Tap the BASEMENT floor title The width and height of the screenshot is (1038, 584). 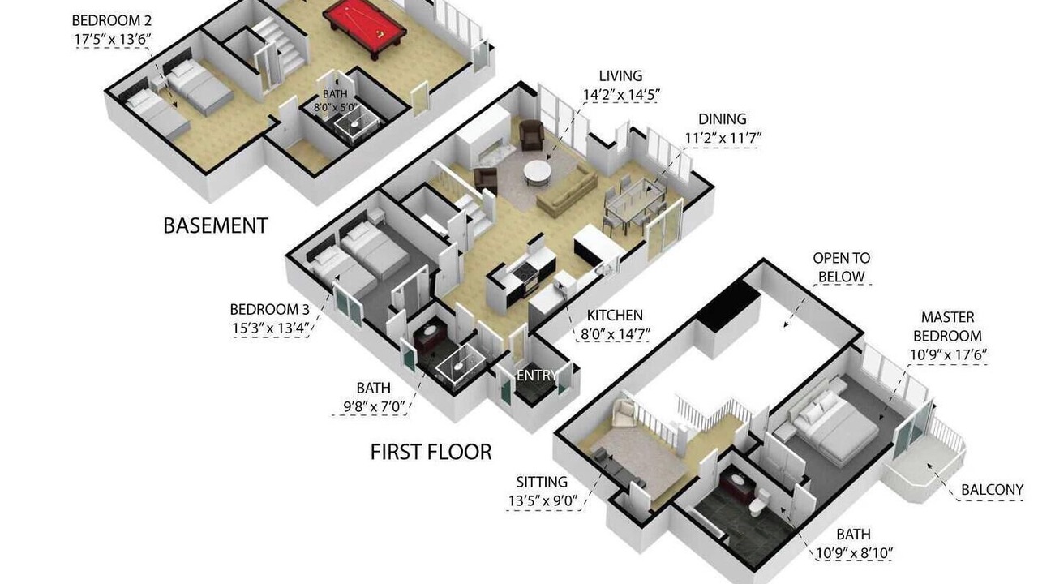216,225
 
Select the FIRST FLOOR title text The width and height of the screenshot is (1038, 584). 431,452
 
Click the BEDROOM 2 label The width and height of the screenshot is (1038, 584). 112,21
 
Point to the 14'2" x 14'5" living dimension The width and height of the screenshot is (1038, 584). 621,95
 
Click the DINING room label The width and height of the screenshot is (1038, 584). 723,119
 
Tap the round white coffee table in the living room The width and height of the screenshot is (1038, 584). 538,173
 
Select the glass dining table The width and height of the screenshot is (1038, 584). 636,202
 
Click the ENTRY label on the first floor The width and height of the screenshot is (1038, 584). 537,375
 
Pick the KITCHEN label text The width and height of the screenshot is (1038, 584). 615,316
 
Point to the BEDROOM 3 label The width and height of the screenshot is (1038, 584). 270,309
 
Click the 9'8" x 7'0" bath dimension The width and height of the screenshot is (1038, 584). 374,407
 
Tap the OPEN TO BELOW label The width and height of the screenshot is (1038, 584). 842,268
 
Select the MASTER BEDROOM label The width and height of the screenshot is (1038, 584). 948,326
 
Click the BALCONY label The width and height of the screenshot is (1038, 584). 992,490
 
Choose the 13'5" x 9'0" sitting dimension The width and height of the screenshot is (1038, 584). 543,500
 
